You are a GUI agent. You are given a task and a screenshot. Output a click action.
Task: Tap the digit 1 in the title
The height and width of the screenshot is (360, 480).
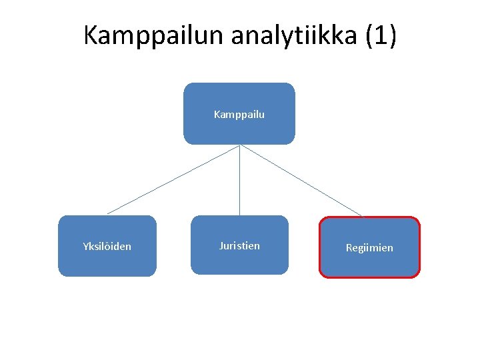tap(381, 35)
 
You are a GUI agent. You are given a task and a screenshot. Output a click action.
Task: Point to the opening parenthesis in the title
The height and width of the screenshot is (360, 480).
tap(370, 36)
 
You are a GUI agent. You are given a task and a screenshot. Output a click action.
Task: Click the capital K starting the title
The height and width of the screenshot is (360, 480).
tap(91, 35)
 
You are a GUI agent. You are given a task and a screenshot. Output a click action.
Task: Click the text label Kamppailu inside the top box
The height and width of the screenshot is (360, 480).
tap(239, 115)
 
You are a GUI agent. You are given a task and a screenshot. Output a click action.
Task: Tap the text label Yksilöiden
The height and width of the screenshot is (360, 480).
tap(107, 247)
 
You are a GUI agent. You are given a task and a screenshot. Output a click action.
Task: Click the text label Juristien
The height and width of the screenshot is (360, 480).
tap(239, 246)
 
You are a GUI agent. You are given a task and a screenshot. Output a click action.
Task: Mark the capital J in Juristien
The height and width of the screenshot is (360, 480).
tap(221, 246)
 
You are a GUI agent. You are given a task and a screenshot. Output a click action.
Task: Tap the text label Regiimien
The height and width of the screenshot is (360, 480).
tap(369, 248)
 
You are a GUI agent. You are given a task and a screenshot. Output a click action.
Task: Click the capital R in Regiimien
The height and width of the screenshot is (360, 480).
tap(349, 248)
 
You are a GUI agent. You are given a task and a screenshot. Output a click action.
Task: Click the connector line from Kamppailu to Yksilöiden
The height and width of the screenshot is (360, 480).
tap(173, 179)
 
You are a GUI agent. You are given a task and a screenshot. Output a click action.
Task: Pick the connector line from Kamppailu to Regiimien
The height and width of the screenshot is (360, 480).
tap(301, 181)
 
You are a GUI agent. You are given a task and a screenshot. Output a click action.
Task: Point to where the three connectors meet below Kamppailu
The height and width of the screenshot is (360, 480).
tap(240, 145)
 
